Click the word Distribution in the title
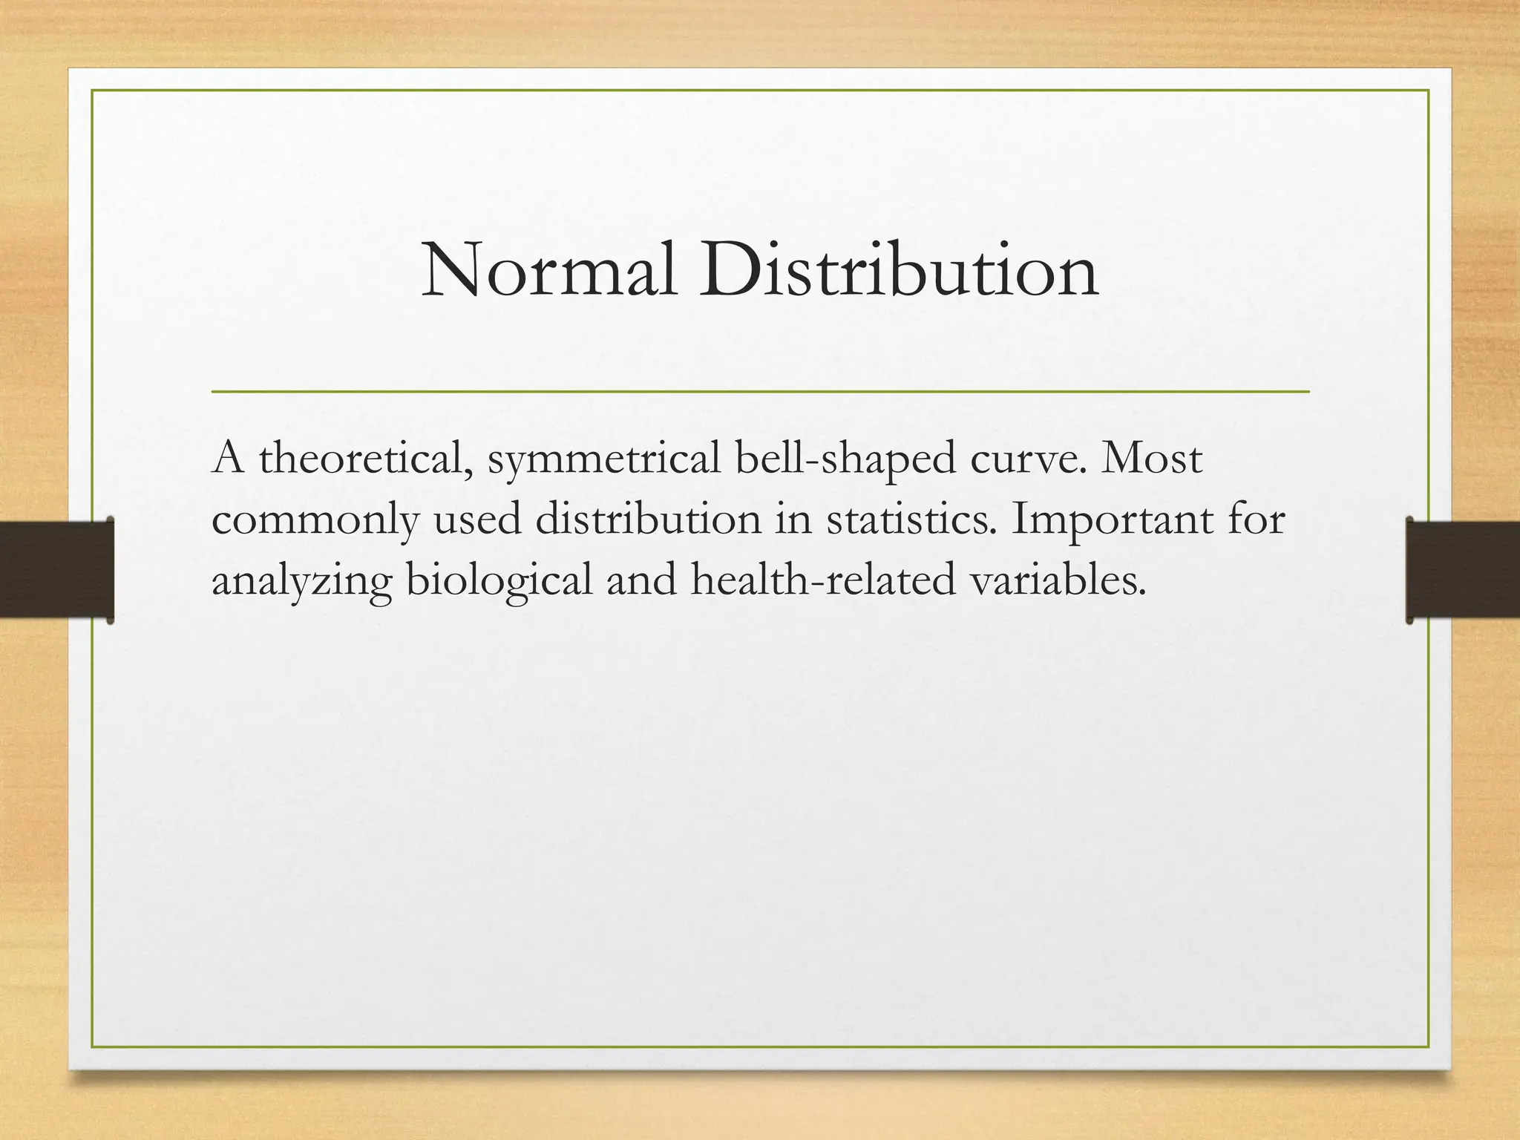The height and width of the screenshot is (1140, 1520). (x=898, y=272)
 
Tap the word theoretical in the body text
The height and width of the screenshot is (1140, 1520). (x=367, y=459)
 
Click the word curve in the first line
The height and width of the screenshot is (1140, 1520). (x=1029, y=459)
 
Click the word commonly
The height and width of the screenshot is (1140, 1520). (x=315, y=520)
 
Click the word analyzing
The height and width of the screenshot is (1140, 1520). (x=301, y=581)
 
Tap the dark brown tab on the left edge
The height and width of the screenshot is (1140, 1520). (x=56, y=570)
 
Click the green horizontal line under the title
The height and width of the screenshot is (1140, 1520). (x=760, y=390)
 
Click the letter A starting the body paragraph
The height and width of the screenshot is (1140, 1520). (x=227, y=459)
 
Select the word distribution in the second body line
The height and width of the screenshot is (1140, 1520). (x=648, y=520)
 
